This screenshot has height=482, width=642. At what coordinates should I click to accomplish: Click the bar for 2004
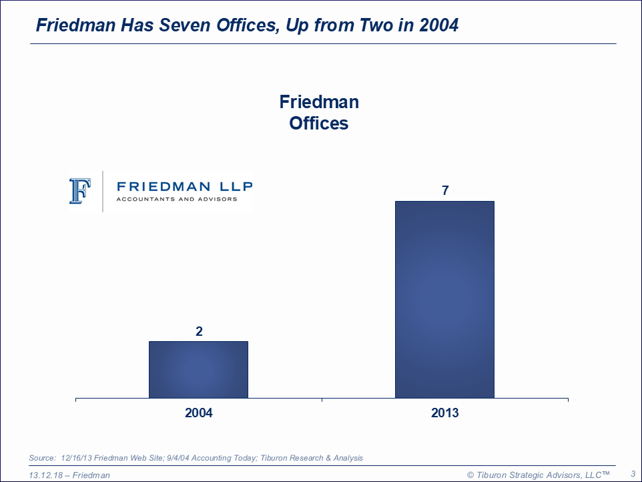198,369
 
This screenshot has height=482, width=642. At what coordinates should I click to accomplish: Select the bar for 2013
444,299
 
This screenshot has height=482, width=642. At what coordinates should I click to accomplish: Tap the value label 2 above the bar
199,331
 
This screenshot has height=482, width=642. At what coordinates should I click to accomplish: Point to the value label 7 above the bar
445,191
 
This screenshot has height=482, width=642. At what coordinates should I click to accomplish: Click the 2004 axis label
199,413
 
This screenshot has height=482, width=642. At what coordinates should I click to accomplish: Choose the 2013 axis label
445,413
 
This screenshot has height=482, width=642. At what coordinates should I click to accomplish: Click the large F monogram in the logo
79,191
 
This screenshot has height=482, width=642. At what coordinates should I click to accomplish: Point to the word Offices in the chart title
319,124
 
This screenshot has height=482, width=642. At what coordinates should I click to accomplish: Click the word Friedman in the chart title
319,102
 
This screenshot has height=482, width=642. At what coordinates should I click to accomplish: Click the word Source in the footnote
42,458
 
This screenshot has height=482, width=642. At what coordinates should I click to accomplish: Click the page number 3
633,473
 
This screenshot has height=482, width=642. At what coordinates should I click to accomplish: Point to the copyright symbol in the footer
470,475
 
